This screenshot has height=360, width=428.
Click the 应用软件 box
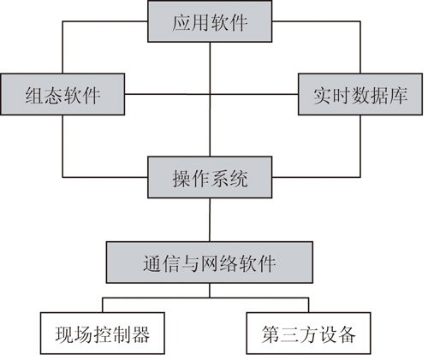(210, 21)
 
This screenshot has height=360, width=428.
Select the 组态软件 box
(62, 94)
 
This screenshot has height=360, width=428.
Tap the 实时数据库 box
(360, 94)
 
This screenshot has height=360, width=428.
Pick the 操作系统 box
(210, 177)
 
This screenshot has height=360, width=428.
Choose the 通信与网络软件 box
(210, 263)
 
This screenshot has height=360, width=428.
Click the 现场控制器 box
(103, 333)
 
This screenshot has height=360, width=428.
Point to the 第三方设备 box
(309, 333)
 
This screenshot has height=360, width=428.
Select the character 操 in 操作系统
(181, 179)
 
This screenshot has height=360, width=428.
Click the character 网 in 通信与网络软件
(211, 263)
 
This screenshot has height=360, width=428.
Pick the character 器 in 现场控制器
(140, 334)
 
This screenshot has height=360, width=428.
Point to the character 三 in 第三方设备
(290, 334)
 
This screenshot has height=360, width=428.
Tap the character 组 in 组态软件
(34, 95)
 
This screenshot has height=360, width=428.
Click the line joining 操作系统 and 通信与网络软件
(210, 220)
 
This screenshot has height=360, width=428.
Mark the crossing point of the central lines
(210, 94)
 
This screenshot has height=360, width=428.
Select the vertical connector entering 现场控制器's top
(103, 305)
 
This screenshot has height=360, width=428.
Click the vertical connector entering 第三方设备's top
(309, 305)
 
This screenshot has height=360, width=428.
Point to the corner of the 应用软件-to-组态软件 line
(62, 21)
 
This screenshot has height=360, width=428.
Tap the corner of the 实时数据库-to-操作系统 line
(360, 177)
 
